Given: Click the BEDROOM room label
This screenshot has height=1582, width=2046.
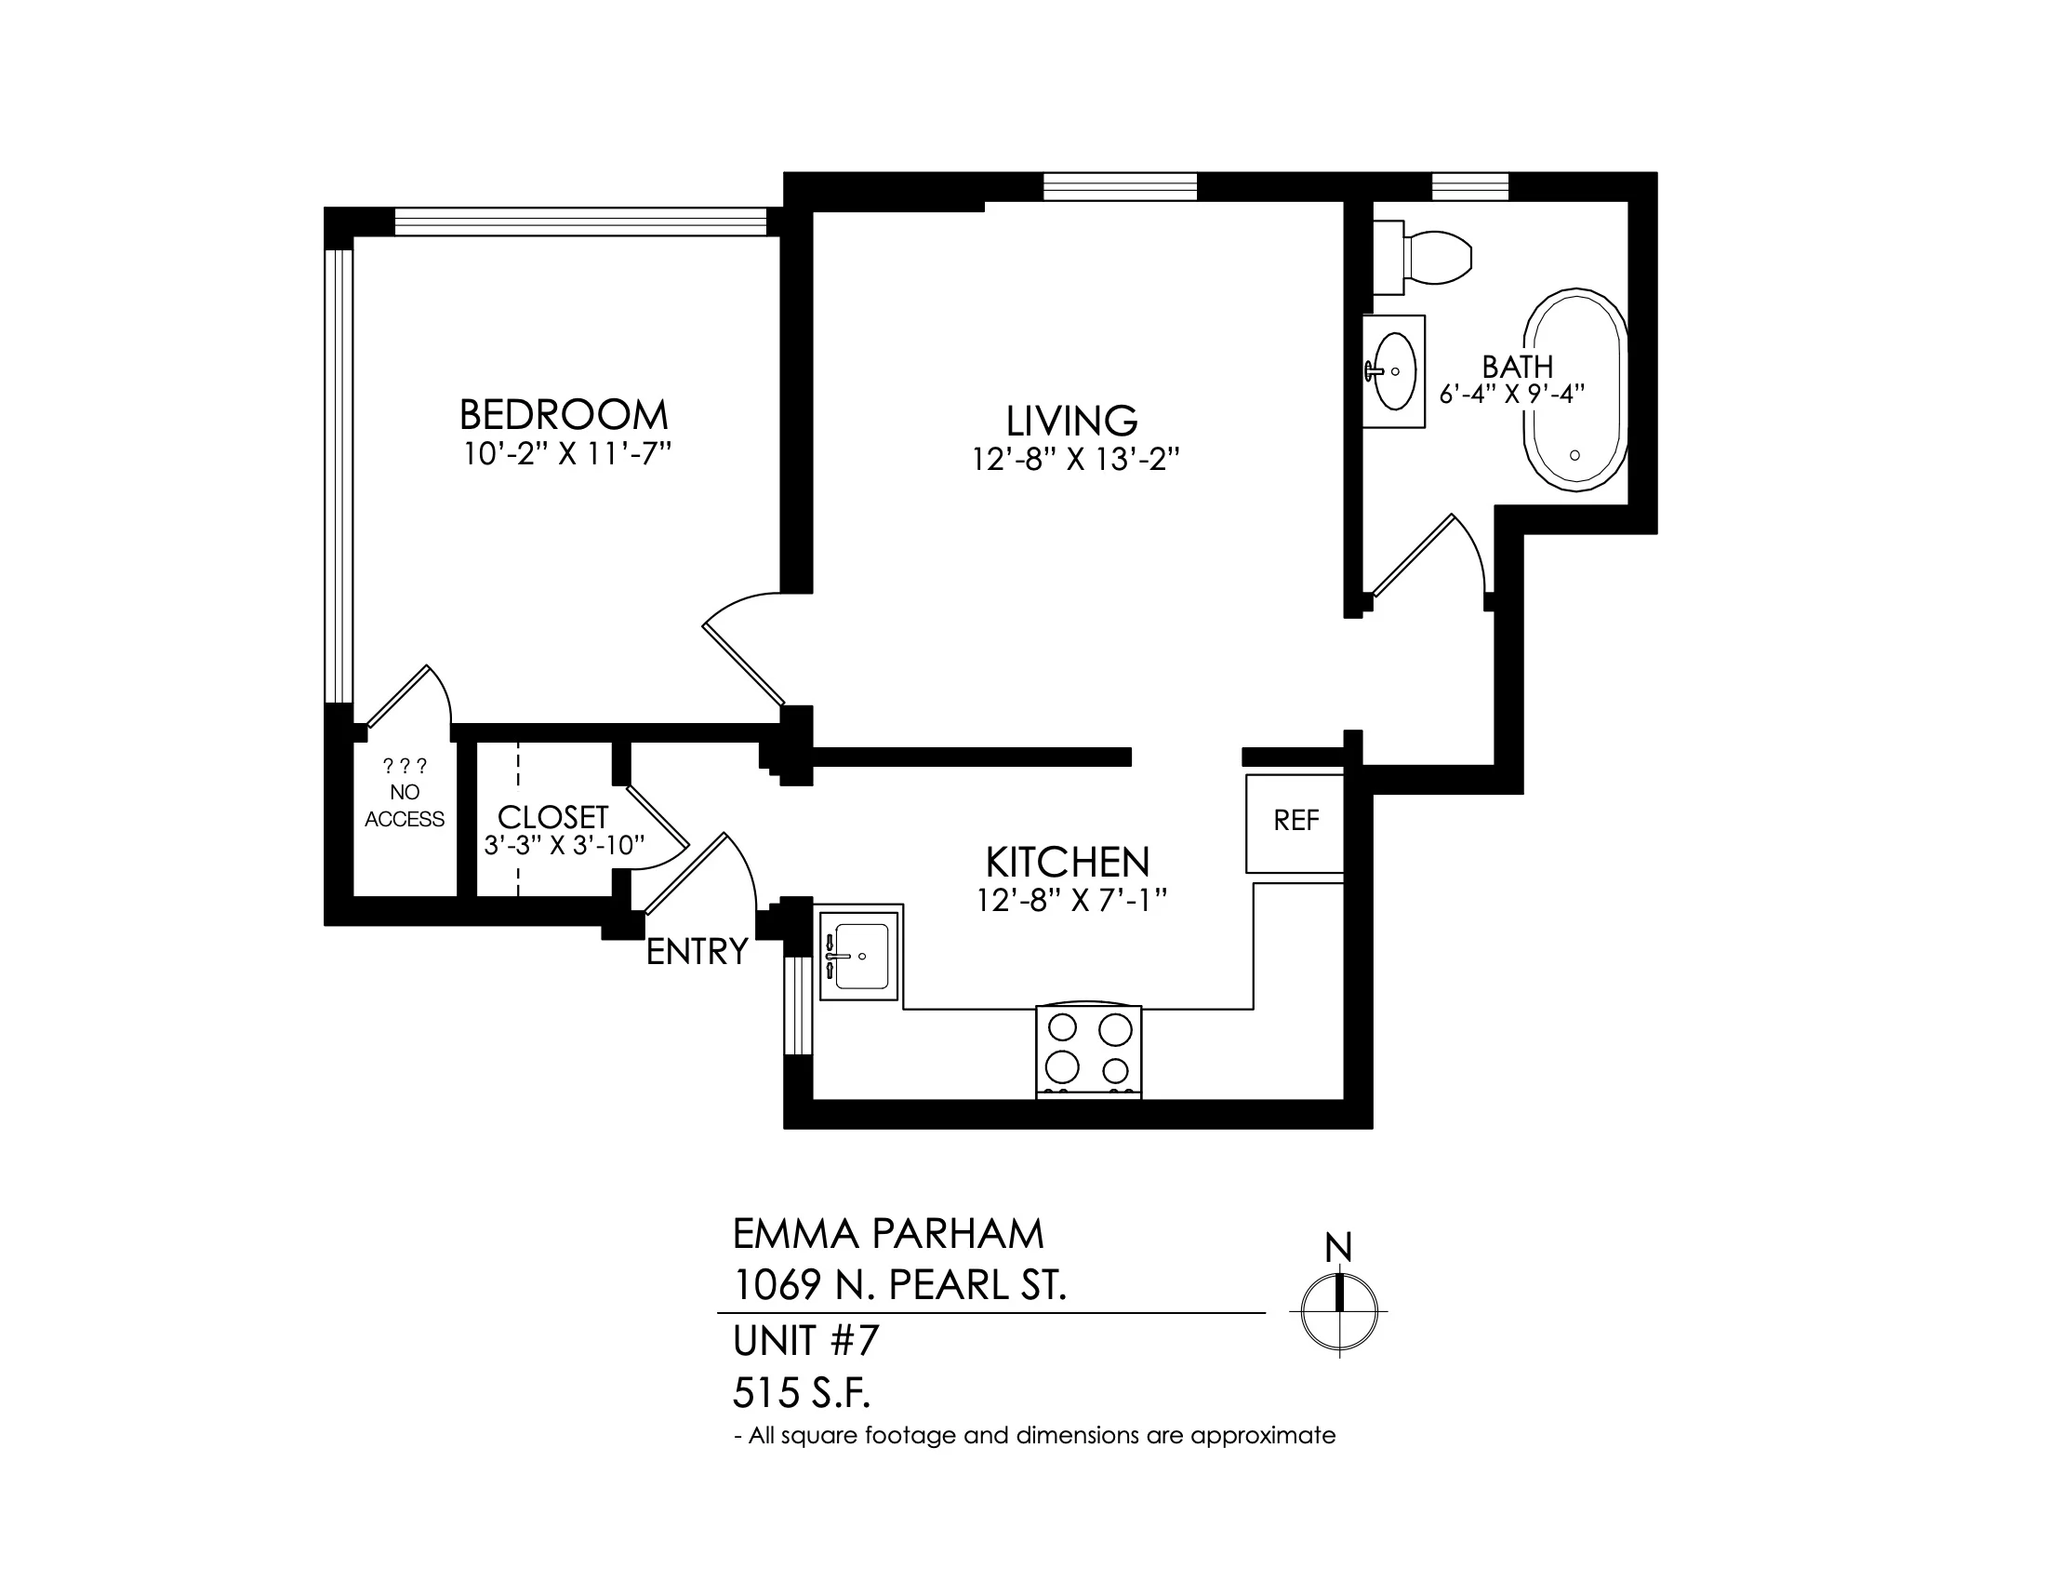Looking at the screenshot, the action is (x=563, y=414).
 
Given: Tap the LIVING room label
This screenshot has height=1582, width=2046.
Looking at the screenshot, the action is (x=1071, y=421).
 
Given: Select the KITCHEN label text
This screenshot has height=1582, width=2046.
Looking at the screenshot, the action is (x=1067, y=862).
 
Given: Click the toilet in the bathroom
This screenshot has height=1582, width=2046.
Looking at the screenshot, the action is (x=1422, y=253).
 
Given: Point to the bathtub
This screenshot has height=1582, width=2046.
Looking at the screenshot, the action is (x=1575, y=390).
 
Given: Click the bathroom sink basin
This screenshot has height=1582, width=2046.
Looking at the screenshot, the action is (x=1393, y=371).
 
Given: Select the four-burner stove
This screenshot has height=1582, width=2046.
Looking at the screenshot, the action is (x=1089, y=1052).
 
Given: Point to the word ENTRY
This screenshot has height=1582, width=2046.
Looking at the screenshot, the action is (x=697, y=952).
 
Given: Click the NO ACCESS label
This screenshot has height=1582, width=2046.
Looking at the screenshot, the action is (x=405, y=806).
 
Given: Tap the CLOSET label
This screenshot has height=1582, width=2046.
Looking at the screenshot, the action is (x=552, y=816).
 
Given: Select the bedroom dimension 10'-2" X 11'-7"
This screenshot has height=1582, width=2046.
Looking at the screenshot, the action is (x=567, y=454).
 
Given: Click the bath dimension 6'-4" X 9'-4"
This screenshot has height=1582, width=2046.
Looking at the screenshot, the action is (x=1512, y=394).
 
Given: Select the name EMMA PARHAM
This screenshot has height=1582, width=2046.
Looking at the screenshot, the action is (x=888, y=1234).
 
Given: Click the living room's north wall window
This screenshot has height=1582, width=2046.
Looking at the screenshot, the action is (x=1121, y=186).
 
